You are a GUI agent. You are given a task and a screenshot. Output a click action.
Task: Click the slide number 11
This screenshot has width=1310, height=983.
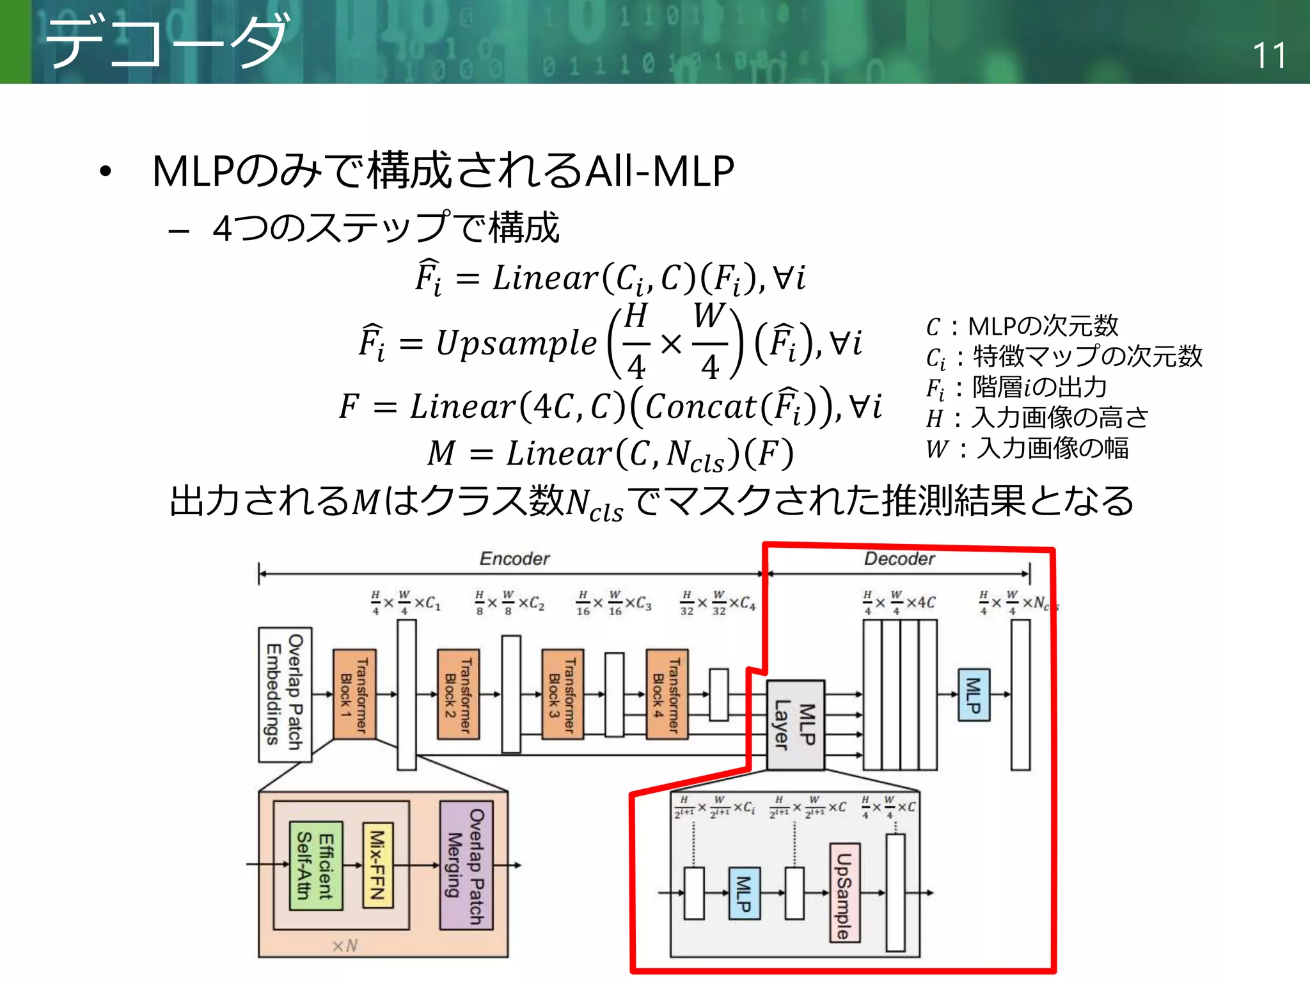click(x=1268, y=56)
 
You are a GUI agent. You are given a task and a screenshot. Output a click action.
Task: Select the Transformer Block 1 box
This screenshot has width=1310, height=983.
click(x=354, y=694)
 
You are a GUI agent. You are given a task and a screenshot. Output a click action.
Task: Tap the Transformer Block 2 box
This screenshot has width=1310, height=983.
click(x=458, y=694)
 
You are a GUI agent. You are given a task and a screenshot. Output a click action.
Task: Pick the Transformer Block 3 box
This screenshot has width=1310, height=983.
click(x=562, y=694)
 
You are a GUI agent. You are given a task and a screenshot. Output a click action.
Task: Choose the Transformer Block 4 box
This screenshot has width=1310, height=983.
click(x=667, y=694)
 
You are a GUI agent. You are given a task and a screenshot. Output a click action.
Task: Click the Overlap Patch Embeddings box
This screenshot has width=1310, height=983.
click(x=285, y=694)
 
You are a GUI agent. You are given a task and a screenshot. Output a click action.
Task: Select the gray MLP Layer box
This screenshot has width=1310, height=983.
click(x=795, y=724)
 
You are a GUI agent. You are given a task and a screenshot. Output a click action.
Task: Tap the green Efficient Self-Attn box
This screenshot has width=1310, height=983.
click(x=316, y=865)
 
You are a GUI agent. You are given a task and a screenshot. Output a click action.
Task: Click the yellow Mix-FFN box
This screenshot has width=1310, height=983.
click(x=377, y=865)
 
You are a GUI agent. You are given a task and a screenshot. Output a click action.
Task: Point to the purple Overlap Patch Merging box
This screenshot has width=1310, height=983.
click(x=466, y=865)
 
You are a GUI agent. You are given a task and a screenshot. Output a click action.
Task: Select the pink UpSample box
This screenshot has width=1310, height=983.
click(x=844, y=893)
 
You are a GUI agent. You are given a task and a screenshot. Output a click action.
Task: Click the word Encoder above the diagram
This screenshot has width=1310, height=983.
click(x=514, y=559)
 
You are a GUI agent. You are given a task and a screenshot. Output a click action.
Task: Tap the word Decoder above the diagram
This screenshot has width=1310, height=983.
click(x=899, y=559)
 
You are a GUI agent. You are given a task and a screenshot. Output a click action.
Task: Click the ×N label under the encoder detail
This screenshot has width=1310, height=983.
click(x=345, y=945)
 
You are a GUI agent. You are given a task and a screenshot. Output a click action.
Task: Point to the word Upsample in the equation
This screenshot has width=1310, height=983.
click(x=516, y=343)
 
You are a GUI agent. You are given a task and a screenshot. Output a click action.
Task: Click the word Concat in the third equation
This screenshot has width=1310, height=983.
click(x=700, y=406)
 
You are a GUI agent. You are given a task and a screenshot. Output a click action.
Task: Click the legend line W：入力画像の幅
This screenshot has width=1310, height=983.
click(x=1027, y=448)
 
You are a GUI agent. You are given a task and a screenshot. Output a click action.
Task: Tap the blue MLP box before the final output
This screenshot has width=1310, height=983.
click(x=974, y=695)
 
